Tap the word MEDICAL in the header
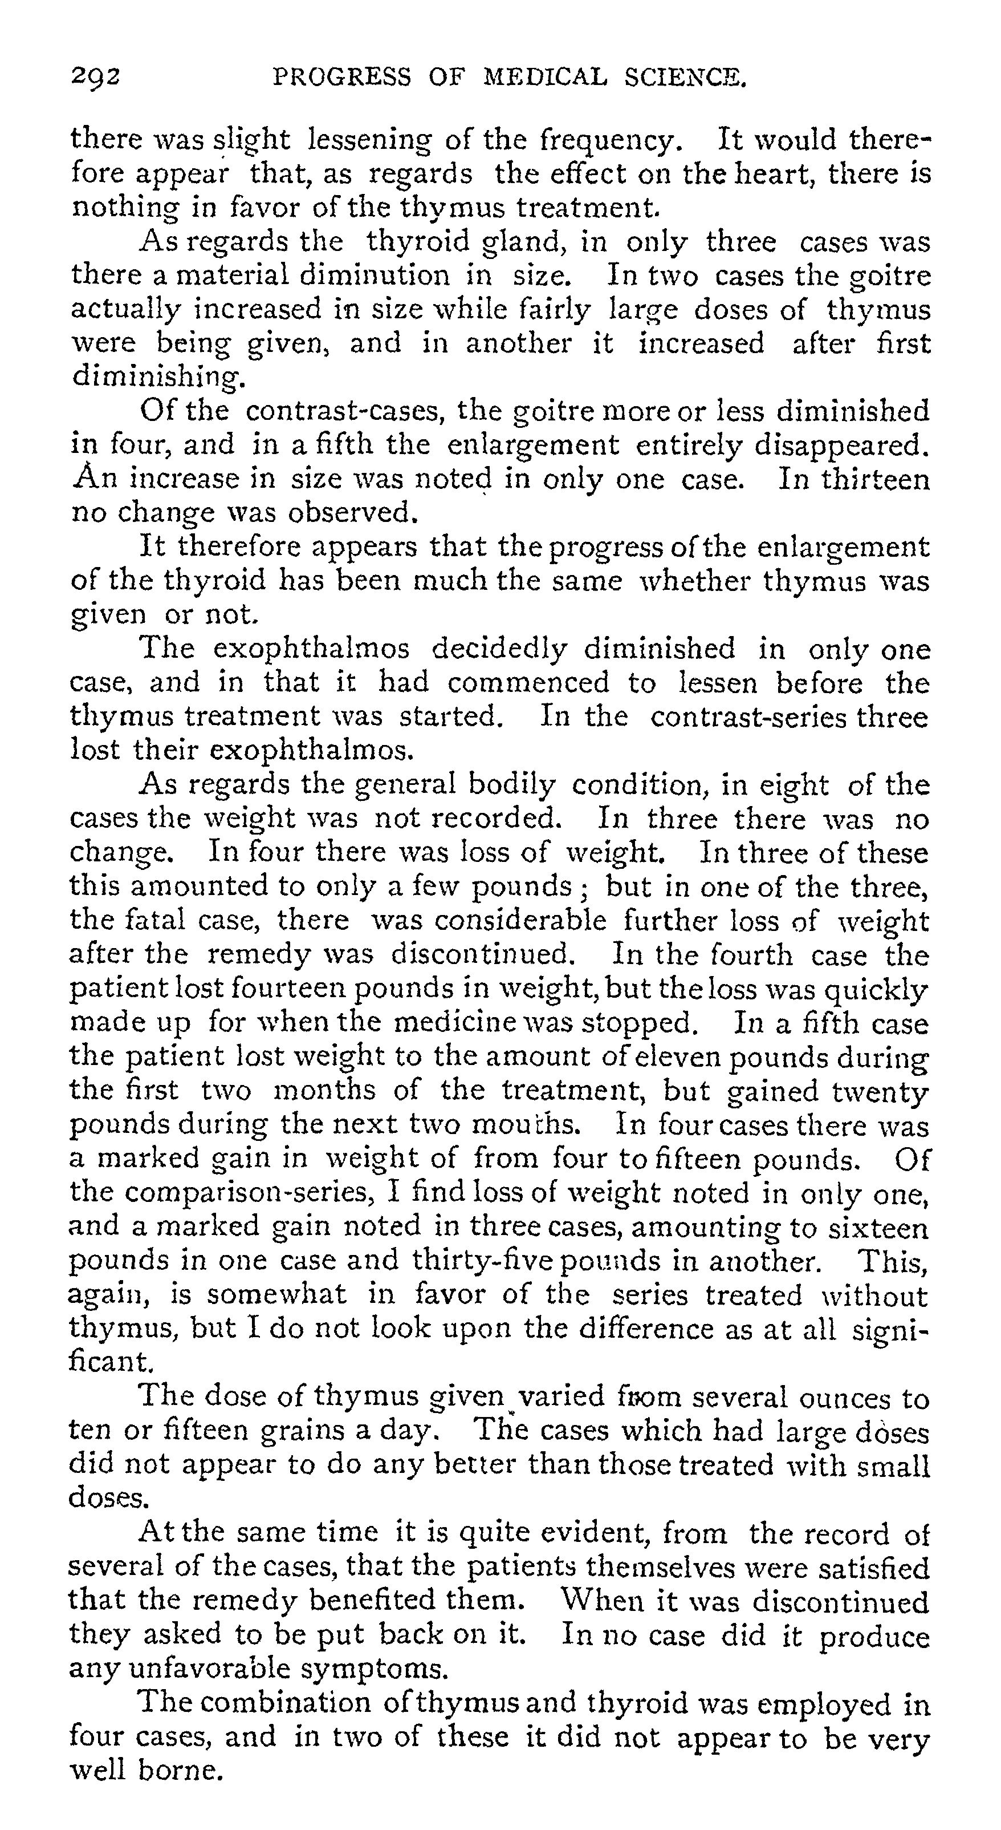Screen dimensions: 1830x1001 [x=544, y=76]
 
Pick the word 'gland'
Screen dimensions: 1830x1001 [x=524, y=242]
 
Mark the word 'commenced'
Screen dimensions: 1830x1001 [x=528, y=683]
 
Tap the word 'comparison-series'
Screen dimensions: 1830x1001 [x=251, y=1193]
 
